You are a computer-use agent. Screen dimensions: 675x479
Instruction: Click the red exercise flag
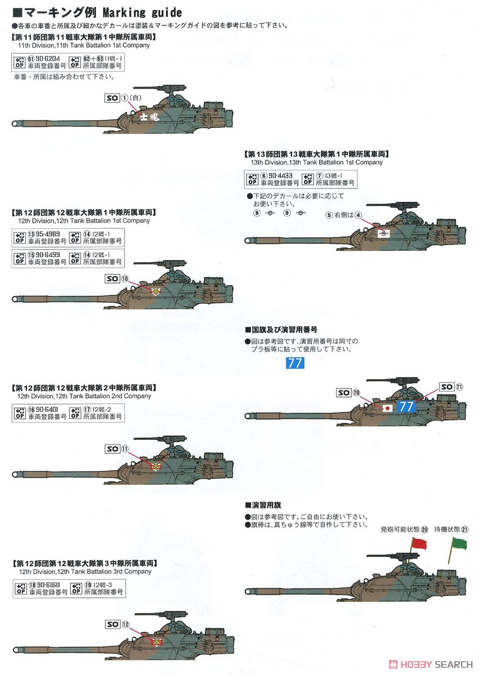click(419, 543)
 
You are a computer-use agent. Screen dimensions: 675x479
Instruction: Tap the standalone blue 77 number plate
click(294, 363)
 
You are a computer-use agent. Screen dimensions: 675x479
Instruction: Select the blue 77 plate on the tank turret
click(406, 407)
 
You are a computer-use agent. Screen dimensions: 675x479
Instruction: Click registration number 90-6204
click(46, 58)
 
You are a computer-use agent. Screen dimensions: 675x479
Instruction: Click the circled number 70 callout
click(357, 393)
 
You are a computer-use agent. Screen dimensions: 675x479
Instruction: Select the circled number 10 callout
click(125, 278)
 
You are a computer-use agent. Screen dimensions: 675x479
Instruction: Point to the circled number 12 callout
click(126, 623)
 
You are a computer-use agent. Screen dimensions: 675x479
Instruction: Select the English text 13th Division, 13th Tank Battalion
click(317, 162)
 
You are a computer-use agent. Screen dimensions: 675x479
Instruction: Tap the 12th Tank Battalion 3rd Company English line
click(84, 571)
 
